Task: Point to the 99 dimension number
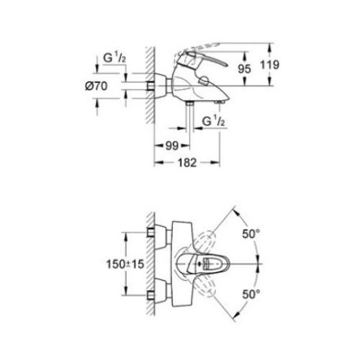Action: coord(170,145)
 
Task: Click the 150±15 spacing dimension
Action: coord(105,264)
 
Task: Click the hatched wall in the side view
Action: coord(147,86)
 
